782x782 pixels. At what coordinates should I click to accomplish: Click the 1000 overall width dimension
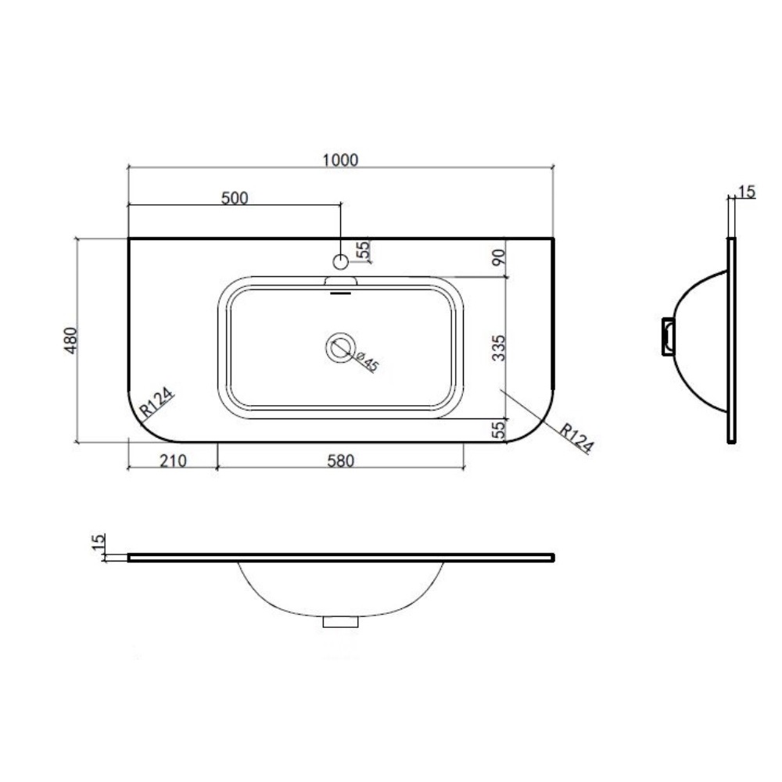coord(340,160)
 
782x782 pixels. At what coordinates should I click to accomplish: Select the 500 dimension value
coord(235,198)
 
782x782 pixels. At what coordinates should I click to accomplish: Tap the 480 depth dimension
coord(71,341)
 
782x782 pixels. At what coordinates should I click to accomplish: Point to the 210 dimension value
coord(173,461)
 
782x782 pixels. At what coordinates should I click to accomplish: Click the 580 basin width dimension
coord(341,461)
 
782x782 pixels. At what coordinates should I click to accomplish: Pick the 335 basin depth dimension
coord(499,348)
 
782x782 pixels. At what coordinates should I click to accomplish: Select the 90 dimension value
coord(499,257)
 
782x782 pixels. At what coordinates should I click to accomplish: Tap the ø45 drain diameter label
coord(366,361)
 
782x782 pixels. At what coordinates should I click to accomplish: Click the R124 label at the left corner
coord(156,402)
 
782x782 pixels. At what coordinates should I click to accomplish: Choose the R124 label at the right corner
coord(576,439)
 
